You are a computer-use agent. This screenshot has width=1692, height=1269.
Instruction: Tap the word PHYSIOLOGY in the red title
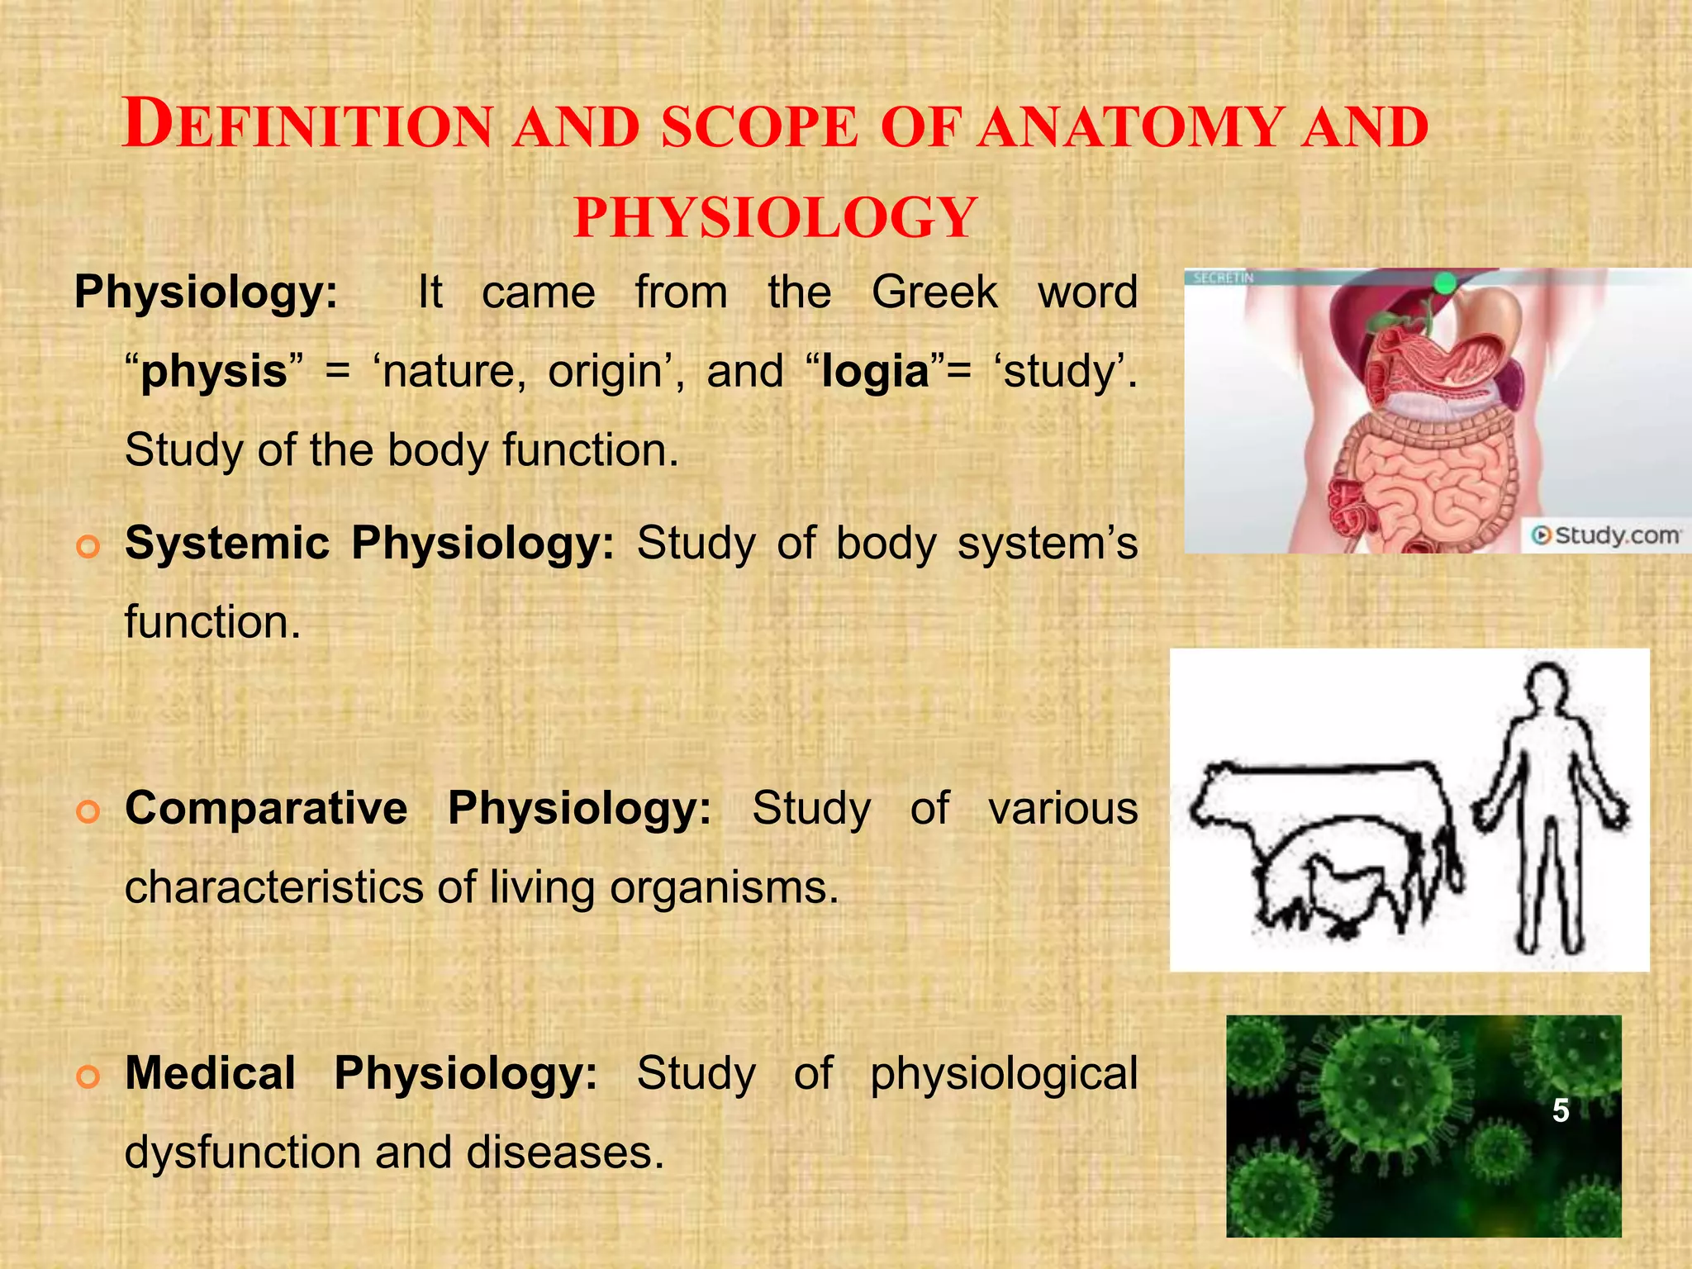click(776, 218)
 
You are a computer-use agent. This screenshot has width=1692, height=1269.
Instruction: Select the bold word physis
click(213, 371)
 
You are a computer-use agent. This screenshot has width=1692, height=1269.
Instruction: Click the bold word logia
click(876, 371)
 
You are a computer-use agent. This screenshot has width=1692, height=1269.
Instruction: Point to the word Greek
click(934, 292)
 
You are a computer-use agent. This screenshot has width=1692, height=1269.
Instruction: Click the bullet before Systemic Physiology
click(88, 546)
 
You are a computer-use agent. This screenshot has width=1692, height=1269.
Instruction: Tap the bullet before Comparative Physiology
click(88, 811)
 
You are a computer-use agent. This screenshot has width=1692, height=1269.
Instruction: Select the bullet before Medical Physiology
click(88, 1077)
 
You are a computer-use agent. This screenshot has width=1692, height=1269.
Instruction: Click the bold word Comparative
click(266, 808)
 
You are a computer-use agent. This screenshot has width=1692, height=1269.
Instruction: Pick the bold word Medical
click(210, 1073)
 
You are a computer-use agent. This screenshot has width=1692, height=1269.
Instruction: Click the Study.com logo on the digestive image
click(1605, 535)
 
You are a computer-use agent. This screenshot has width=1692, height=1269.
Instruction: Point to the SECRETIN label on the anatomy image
click(1224, 278)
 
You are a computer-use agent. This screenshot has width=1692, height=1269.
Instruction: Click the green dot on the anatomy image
click(1444, 283)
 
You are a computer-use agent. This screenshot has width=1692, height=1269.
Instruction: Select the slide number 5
click(1560, 1110)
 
